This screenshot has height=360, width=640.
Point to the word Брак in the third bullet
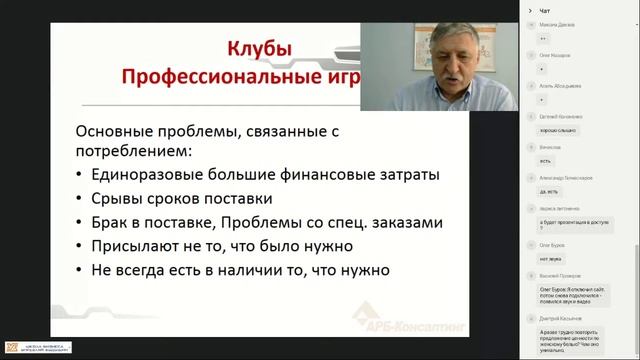pos(112,222)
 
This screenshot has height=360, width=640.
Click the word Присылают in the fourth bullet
pos(139,246)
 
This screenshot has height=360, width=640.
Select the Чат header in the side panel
pos(544,10)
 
